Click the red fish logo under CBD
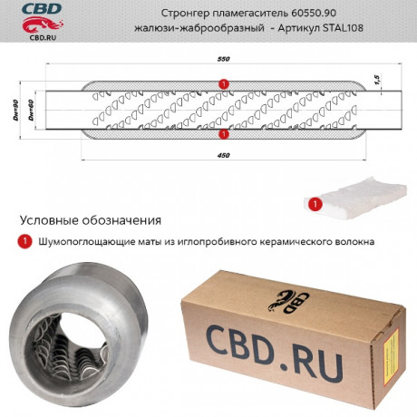43,24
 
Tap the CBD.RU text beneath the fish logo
43,38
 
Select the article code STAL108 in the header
343,28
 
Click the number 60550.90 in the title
314,14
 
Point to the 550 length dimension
224,59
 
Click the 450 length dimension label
224,155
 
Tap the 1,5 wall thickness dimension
377,79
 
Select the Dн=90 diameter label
15,111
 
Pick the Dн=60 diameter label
31,111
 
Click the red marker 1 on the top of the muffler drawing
224,83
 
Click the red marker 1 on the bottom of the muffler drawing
224,133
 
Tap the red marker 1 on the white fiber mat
315,204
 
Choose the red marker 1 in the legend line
24,241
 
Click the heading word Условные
49,220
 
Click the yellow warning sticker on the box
391,357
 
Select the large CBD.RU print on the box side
274,353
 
